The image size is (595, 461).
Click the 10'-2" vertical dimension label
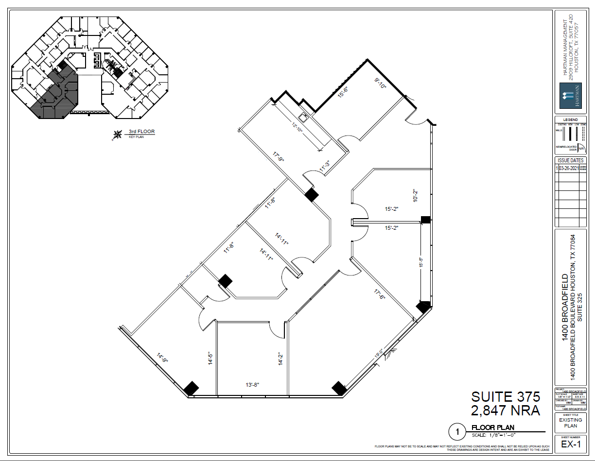pyautogui.click(x=415, y=194)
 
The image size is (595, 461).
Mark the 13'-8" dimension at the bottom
pyautogui.click(x=252, y=385)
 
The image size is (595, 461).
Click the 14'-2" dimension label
pyautogui.click(x=280, y=359)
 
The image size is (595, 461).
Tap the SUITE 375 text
pyautogui.click(x=506, y=396)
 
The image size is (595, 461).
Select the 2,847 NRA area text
pyautogui.click(x=506, y=410)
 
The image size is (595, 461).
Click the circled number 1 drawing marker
pyautogui.click(x=457, y=431)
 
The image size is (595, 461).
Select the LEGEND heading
pyautogui.click(x=570, y=120)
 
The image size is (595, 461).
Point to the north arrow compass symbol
pyautogui.click(x=117, y=135)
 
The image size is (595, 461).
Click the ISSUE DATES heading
pyautogui.click(x=570, y=160)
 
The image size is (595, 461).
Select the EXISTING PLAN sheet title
pyautogui.click(x=570, y=423)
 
